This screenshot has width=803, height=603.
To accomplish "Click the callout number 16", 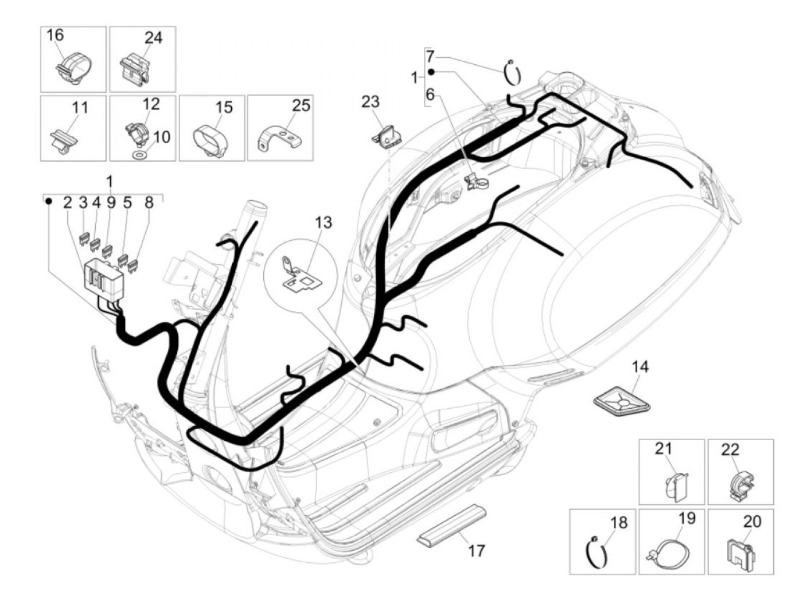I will pos(55,36).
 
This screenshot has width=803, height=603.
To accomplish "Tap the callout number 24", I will pos(153,38).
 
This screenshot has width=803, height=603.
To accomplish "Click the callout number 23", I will pos(371,102).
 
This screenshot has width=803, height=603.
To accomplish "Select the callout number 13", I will pos(323,222).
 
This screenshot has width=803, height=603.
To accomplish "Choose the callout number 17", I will pos(476,551).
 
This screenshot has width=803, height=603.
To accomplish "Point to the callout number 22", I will pos(730,449).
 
